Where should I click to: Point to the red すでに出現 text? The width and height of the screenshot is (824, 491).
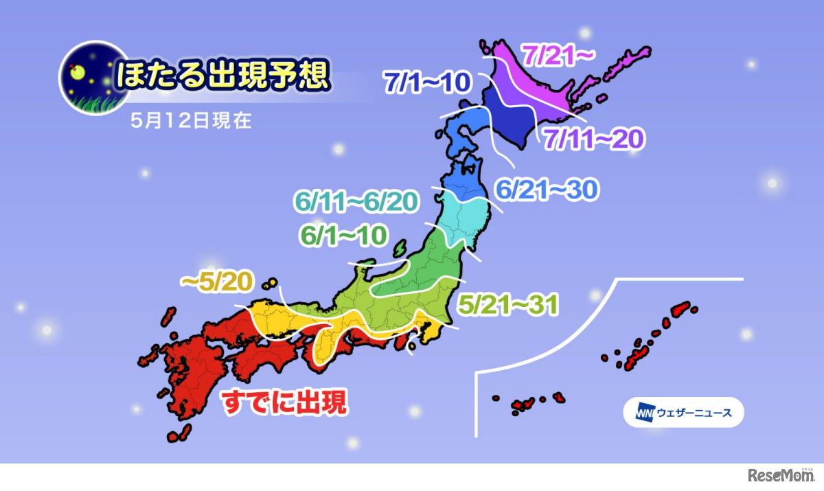click(284, 402)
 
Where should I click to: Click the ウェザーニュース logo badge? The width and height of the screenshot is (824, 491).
click(683, 413)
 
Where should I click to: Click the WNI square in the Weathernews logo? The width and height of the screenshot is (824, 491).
click(644, 413)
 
